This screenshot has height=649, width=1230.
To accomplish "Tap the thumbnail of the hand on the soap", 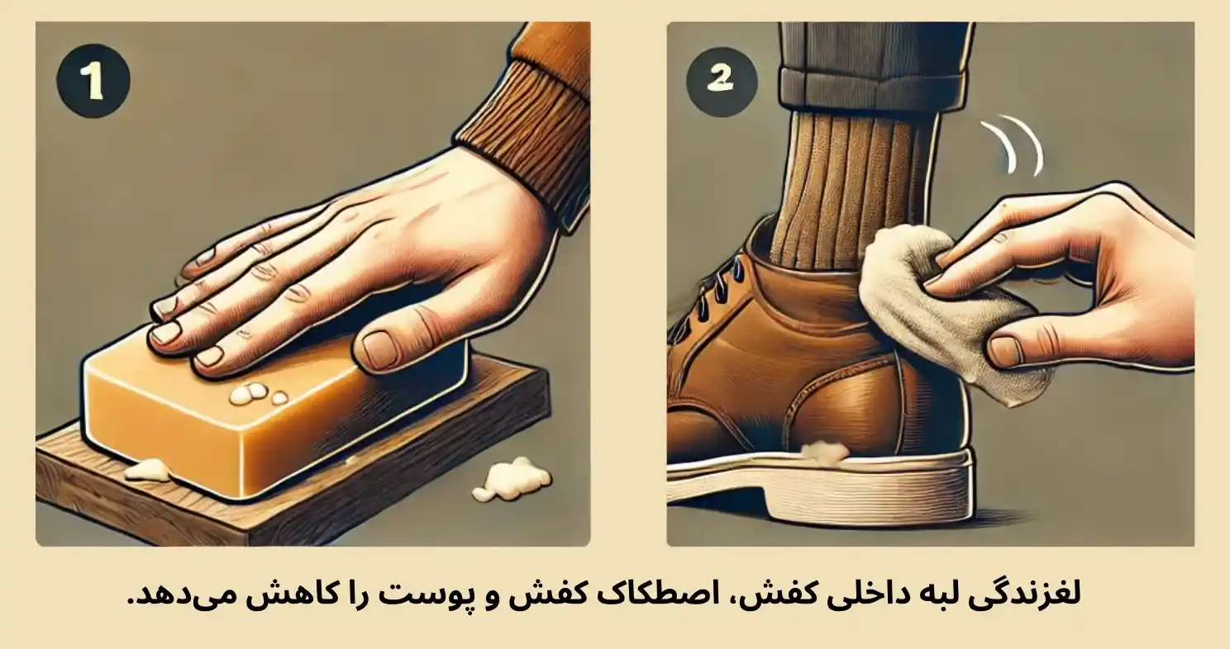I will [381, 349].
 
